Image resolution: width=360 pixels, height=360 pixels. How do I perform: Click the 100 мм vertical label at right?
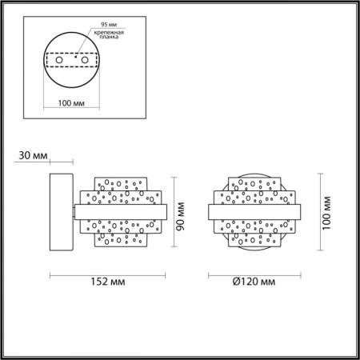(326, 211)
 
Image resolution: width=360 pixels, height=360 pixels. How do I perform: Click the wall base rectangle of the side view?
(61, 211)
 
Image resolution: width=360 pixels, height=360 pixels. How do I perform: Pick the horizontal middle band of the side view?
(120, 211)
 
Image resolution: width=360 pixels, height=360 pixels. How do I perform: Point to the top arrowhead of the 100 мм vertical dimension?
(320, 174)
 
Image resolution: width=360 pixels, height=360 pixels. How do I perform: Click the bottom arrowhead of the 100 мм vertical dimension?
(320, 250)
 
